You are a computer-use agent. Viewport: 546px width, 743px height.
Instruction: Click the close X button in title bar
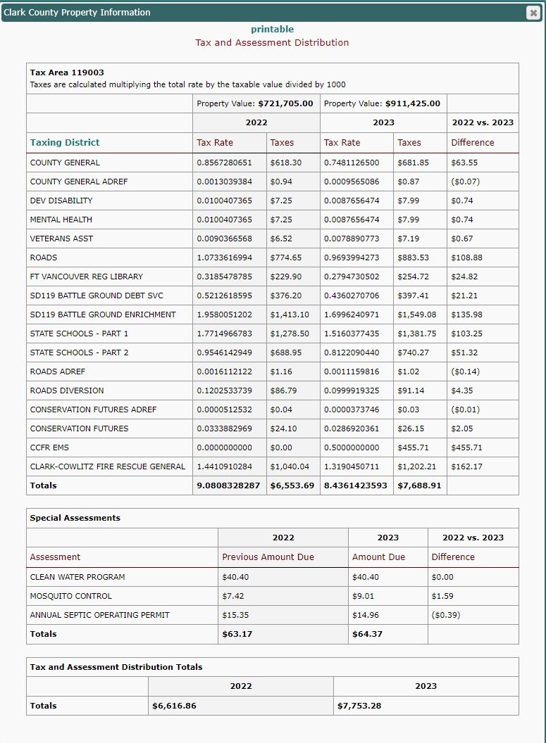[533, 13]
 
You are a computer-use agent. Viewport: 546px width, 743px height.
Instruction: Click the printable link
[272, 29]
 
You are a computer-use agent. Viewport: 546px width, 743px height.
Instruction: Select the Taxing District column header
[65, 142]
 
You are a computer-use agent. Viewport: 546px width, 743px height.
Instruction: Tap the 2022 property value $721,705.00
[285, 103]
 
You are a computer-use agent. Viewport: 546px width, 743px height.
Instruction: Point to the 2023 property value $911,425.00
[412, 103]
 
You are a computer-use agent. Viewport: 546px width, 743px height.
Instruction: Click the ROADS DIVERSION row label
[67, 390]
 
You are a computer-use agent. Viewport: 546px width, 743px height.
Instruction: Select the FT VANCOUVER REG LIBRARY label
[87, 277]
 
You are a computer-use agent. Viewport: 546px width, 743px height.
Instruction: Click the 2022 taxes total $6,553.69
[292, 485]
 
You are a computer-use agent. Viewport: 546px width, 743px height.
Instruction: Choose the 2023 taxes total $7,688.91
[419, 485]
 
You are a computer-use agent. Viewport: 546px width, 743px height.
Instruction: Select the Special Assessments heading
[75, 518]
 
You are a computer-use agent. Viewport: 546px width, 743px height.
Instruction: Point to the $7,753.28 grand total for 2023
[359, 705]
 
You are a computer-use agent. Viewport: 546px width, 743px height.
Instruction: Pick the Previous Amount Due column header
[268, 557]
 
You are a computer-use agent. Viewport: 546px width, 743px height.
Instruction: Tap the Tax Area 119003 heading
[67, 72]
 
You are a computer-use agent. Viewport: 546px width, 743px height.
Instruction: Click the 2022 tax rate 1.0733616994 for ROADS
[224, 258]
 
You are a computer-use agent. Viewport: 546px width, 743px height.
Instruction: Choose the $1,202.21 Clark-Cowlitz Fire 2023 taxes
[417, 466]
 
